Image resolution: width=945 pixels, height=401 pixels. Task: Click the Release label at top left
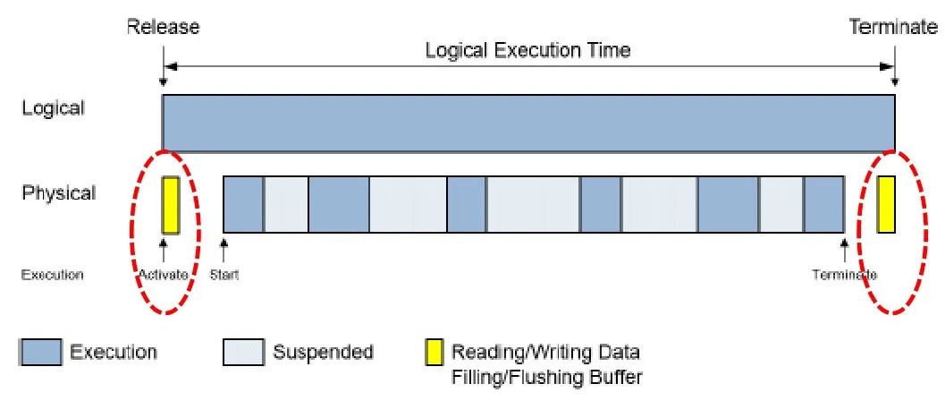(163, 28)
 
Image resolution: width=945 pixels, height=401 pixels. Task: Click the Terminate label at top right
(892, 28)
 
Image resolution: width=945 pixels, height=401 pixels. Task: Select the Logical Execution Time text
(527, 50)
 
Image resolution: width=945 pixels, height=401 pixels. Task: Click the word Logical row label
(53, 108)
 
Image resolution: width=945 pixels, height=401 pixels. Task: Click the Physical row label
(58, 192)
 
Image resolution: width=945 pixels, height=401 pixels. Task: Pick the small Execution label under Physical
(52, 275)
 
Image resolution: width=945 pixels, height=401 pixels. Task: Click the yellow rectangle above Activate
(171, 205)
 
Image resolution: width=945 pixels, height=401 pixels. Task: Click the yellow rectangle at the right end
(886, 205)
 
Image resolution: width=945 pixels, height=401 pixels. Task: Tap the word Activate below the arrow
(164, 275)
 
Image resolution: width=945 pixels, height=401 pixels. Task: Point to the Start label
(224, 275)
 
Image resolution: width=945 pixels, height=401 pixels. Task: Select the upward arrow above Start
(224, 248)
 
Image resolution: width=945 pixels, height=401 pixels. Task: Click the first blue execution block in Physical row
(242, 205)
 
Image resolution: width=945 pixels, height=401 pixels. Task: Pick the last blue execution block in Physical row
(823, 205)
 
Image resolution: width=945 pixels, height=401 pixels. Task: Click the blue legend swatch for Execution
(41, 352)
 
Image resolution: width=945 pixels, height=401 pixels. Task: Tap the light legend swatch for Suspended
(243, 352)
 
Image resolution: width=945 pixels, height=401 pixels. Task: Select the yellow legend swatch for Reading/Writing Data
(434, 352)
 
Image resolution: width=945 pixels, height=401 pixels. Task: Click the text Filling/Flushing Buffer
(547, 377)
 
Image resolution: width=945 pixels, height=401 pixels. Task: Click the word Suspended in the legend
(323, 352)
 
